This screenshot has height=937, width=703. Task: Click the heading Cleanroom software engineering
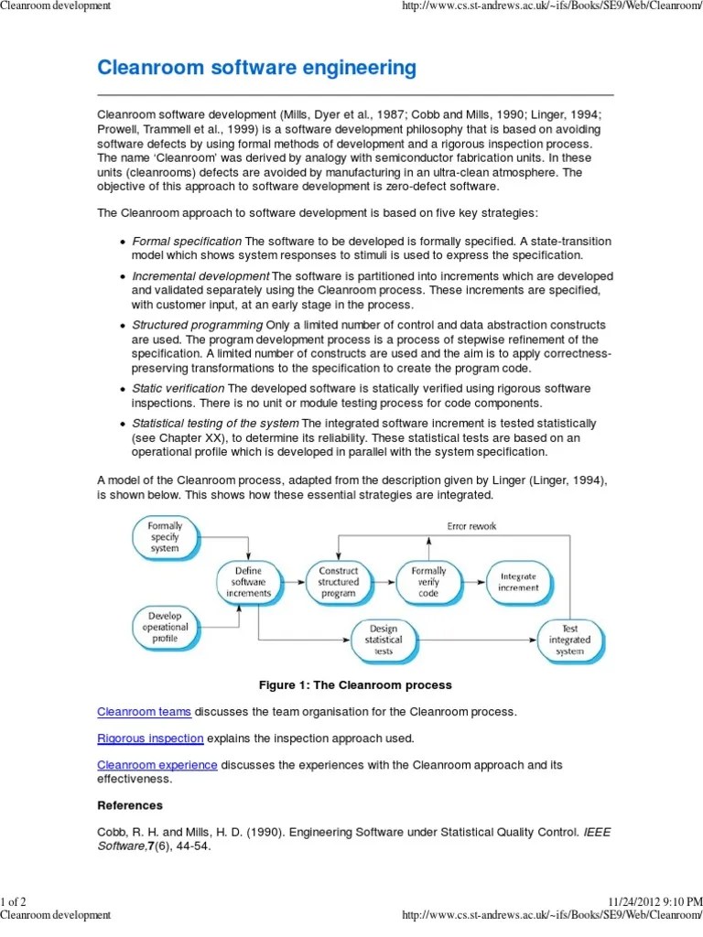pyautogui.click(x=256, y=68)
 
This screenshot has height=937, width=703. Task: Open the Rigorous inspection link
pyautogui.click(x=150, y=738)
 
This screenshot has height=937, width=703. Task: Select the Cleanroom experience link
pyautogui.click(x=157, y=764)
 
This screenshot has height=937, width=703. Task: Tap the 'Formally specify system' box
pyautogui.click(x=165, y=536)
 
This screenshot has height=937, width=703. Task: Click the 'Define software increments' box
pyautogui.click(x=248, y=581)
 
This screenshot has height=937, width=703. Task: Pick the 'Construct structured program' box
pyautogui.click(x=338, y=581)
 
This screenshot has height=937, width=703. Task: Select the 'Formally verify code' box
pyautogui.click(x=427, y=581)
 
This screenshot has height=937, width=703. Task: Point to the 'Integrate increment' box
pyautogui.click(x=518, y=581)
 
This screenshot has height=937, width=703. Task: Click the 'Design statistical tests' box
pyautogui.click(x=383, y=640)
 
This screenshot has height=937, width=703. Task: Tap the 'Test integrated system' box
pyautogui.click(x=569, y=640)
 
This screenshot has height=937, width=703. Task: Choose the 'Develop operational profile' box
pyautogui.click(x=165, y=627)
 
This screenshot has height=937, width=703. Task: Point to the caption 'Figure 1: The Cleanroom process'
pyautogui.click(x=355, y=684)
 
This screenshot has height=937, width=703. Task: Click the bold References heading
pyautogui.click(x=130, y=805)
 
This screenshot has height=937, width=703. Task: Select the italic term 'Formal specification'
pyautogui.click(x=187, y=241)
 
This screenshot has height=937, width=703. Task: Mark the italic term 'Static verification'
pyautogui.click(x=178, y=388)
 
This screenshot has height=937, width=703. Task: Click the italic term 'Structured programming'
pyautogui.click(x=197, y=325)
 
